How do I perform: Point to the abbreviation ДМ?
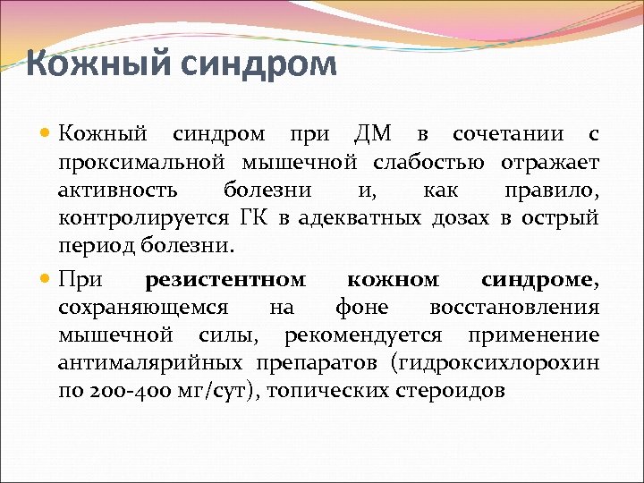point(372,135)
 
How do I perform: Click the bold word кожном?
point(393,281)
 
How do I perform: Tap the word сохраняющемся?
point(141,308)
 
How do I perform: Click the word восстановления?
point(514,308)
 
